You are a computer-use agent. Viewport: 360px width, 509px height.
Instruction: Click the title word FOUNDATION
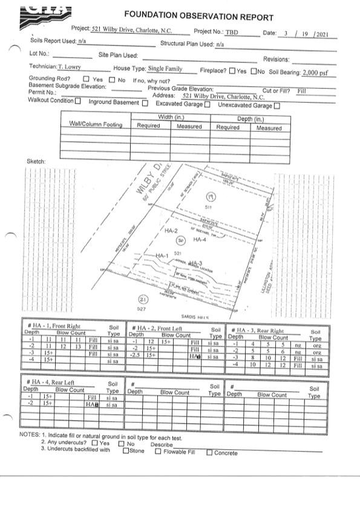[x=150, y=15]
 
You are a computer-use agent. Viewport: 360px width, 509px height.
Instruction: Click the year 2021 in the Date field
[x=321, y=34]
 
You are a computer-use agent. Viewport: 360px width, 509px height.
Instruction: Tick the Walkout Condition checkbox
[x=78, y=101]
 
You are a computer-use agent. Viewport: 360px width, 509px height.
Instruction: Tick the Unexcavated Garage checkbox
[x=277, y=106]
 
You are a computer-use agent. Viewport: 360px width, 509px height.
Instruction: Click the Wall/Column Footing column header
[x=96, y=125]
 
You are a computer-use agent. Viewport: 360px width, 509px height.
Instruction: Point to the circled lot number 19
[x=211, y=197]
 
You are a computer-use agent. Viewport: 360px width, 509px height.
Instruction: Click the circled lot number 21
[x=142, y=299]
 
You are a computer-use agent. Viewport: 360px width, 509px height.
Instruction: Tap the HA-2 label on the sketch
[x=171, y=231]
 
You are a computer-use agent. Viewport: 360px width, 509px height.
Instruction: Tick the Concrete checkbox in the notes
[x=209, y=452]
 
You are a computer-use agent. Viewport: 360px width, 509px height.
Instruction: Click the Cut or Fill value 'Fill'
[x=302, y=90]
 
